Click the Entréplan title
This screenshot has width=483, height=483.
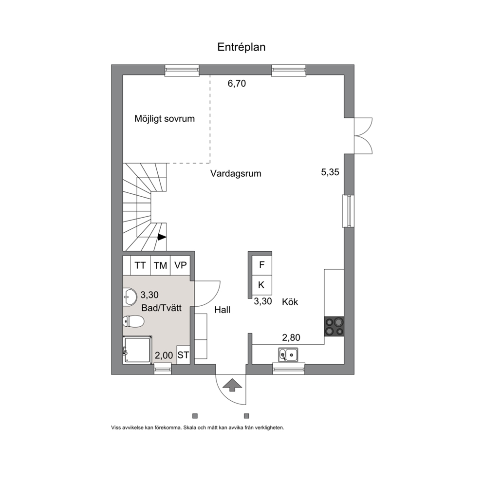click(241, 47)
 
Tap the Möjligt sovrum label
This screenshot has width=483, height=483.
click(165, 119)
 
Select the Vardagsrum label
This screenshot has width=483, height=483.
click(236, 173)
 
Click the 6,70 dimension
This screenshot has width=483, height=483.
click(237, 83)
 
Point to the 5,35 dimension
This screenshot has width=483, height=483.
click(330, 172)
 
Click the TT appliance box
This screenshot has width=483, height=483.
click(140, 265)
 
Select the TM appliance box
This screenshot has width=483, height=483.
click(160, 265)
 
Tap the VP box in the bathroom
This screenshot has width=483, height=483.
click(180, 265)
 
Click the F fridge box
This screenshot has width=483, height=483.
click(261, 265)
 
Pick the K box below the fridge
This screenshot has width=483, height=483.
click(261, 285)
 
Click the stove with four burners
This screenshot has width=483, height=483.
click(334, 327)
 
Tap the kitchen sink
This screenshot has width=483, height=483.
click(288, 354)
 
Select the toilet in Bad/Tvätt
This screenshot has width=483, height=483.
click(133, 321)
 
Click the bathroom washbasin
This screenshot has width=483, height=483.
click(130, 297)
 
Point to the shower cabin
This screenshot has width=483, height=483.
click(137, 350)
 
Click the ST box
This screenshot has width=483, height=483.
click(183, 355)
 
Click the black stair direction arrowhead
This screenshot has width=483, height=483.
click(162, 237)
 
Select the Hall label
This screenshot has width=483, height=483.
click(223, 310)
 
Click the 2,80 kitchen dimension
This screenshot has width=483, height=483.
click(291, 337)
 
